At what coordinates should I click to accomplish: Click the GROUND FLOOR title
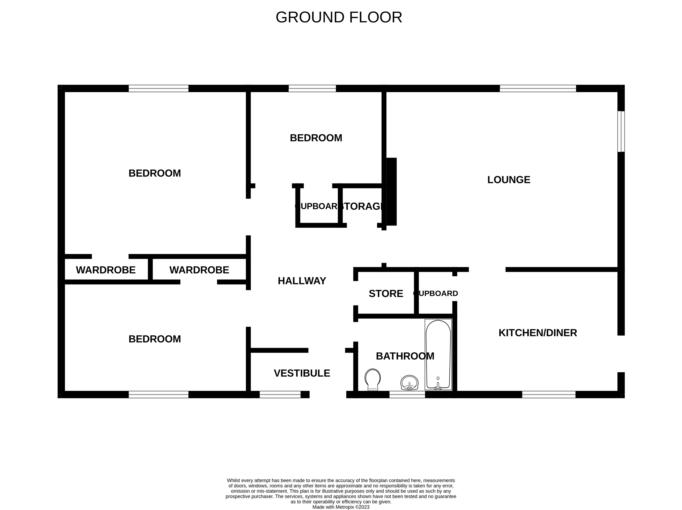pos(339,17)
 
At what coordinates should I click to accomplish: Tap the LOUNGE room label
pos(509,180)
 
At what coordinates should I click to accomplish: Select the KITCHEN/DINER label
pos(538,333)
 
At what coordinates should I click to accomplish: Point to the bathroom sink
pos(409,383)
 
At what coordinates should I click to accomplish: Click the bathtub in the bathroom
pos(438,354)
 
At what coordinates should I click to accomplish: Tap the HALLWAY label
pos(302,281)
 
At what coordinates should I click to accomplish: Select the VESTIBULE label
pos(302,373)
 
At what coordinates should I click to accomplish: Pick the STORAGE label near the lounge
pos(363,206)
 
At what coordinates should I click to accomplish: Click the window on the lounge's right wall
pos(621,132)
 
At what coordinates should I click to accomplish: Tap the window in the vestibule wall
pos(280,394)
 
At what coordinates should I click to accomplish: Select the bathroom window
pos(407,394)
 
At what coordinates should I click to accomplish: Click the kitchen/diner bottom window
pos(549,394)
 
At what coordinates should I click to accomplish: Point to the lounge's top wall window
pos(538,88)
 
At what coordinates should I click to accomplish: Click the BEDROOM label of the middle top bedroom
pos(316,138)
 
